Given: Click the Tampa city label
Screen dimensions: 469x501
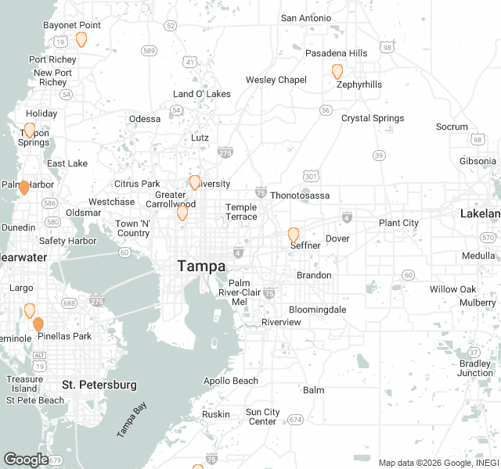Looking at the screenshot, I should click(x=201, y=266).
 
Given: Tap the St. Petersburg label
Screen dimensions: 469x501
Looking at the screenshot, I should click(x=99, y=385).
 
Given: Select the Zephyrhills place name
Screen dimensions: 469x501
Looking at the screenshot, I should click(x=359, y=84).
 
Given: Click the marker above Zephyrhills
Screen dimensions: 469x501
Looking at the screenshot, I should click(x=337, y=72).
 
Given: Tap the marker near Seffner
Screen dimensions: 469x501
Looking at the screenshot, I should click(x=294, y=234).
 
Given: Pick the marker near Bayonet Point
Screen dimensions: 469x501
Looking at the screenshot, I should click(x=81, y=39).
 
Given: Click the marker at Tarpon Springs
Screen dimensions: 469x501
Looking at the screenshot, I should click(x=30, y=130).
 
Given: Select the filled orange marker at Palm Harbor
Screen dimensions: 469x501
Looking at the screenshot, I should click(x=24, y=188).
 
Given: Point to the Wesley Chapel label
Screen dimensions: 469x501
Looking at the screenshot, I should click(x=276, y=80).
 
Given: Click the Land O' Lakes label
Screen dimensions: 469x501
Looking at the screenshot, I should click(x=202, y=94).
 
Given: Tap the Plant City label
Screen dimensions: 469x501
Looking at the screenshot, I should click(x=398, y=223).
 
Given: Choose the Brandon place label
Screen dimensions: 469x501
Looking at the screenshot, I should click(x=314, y=275).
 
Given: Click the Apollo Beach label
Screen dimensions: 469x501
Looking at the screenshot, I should click(x=231, y=381).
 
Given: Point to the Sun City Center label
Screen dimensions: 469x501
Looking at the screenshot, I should click(x=262, y=417).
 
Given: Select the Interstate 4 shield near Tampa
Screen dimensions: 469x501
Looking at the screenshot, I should click(x=238, y=252).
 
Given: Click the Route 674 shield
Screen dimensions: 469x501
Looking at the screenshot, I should click(x=294, y=420).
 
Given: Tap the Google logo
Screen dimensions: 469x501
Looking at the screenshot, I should click(x=26, y=459).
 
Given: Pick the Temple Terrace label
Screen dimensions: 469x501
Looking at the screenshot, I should click(x=241, y=212).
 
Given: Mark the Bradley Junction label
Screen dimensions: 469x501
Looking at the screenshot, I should click(x=475, y=368).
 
